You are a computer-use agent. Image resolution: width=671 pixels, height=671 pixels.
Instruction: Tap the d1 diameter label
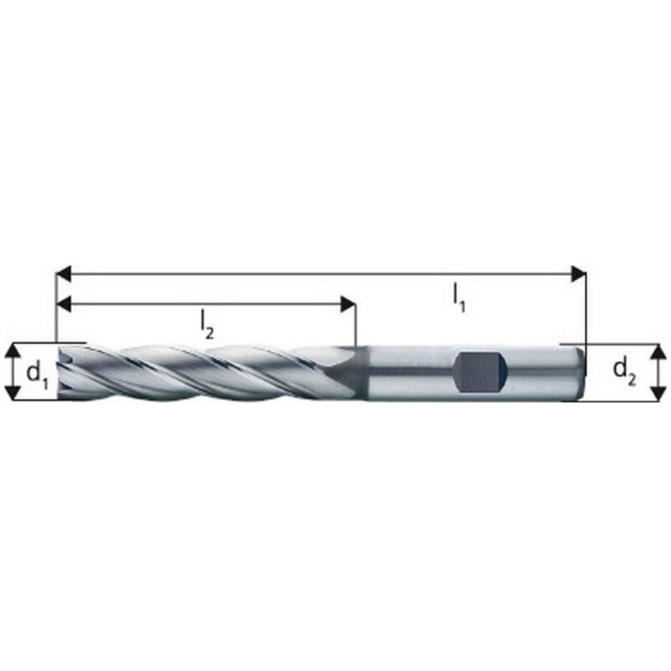(x=37, y=372)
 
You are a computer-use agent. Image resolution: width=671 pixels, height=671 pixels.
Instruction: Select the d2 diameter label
(x=623, y=369)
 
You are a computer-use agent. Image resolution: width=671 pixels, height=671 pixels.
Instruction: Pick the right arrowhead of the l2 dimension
(x=348, y=304)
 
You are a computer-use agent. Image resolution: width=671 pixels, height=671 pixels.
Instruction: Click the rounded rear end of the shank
(x=578, y=371)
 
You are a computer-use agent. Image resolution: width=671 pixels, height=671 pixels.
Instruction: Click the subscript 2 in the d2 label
(x=632, y=377)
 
